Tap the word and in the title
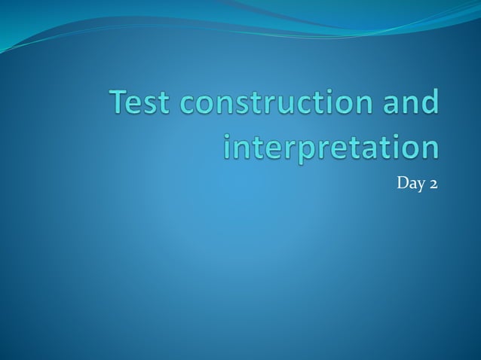click(411, 102)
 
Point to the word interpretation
click(332, 146)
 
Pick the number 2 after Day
click(433, 183)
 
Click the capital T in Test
click(119, 102)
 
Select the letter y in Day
click(420, 185)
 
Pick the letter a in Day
click(412, 185)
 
